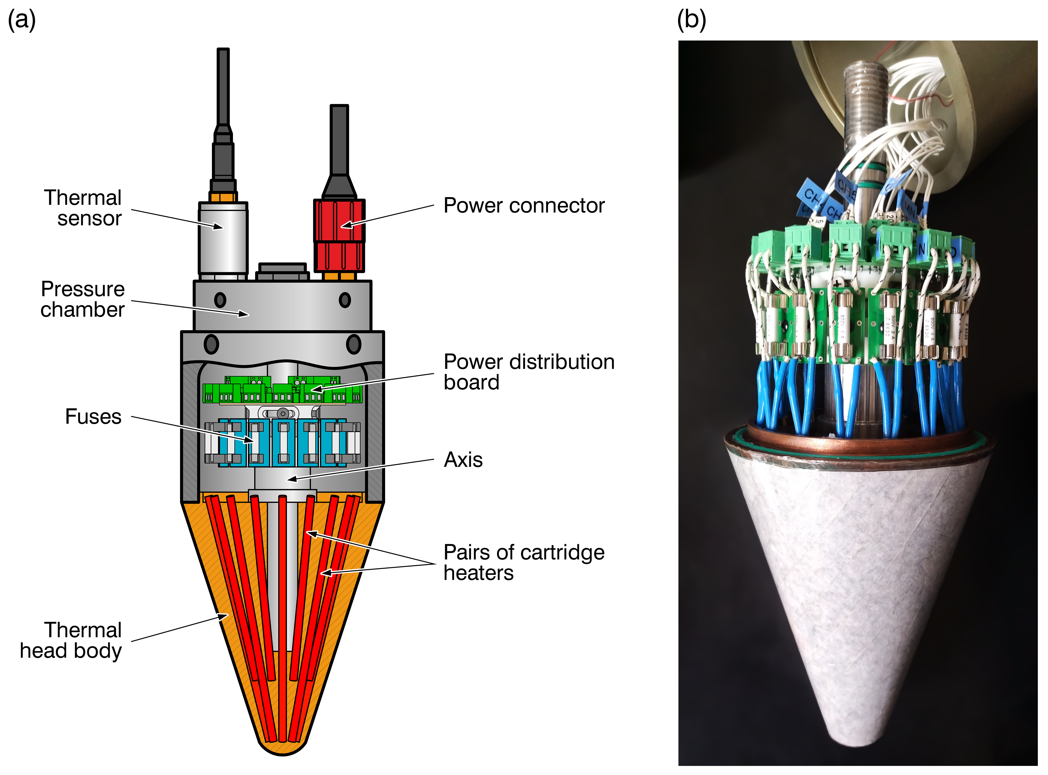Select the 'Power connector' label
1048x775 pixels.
524,206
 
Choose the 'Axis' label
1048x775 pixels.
463,460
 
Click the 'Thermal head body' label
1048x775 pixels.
71,640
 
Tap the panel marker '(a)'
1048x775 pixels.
21,20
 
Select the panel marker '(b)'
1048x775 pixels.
691,20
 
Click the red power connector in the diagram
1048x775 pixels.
339,235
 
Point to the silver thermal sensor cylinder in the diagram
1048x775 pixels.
223,239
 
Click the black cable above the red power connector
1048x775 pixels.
339,141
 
